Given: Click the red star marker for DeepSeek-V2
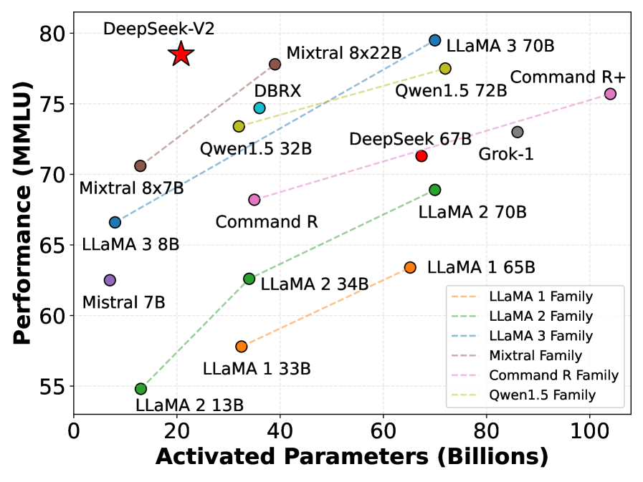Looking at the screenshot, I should (x=181, y=54).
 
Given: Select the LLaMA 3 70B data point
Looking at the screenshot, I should (x=434, y=40).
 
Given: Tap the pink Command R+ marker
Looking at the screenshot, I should (x=610, y=94).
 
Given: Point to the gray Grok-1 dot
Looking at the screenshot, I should (x=518, y=132).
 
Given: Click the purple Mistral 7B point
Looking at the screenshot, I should (x=110, y=280).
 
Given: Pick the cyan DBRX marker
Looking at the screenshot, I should (x=259, y=108).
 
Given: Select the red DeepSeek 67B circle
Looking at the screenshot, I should (x=421, y=156).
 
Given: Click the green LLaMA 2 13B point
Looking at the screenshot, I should (x=140, y=389).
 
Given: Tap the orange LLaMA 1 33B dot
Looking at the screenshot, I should (x=242, y=347).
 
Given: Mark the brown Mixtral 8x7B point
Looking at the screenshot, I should (x=140, y=166).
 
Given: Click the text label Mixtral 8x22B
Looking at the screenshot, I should (x=343, y=53).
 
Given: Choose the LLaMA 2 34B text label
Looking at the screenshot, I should (x=315, y=284).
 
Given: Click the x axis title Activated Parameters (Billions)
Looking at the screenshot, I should (x=351, y=458).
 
